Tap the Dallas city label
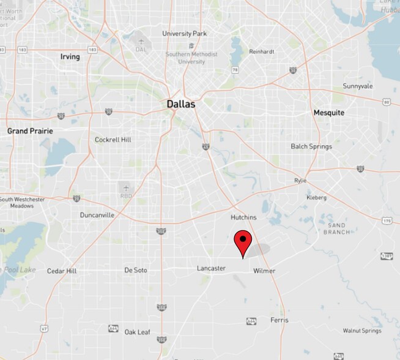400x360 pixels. tap(181, 105)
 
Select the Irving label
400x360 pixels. tap(70, 57)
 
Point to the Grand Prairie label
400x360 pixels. tap(30, 131)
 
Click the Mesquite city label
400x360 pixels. tap(328, 113)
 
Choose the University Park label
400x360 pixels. tap(185, 33)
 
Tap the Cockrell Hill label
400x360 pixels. tap(113, 140)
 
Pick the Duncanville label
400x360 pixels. tap(97, 215)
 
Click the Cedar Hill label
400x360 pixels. tap(62, 271)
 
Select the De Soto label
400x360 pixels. tap(136, 270)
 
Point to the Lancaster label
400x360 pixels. tap(211, 268)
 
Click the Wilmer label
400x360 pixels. tap(264, 271)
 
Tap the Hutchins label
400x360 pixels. tap(243, 217)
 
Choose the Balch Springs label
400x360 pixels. tap(311, 146)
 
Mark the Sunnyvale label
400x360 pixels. tap(357, 86)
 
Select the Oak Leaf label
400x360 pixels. tap(137, 332)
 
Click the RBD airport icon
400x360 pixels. tap(125, 189)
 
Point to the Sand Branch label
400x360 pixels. tap(336, 229)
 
